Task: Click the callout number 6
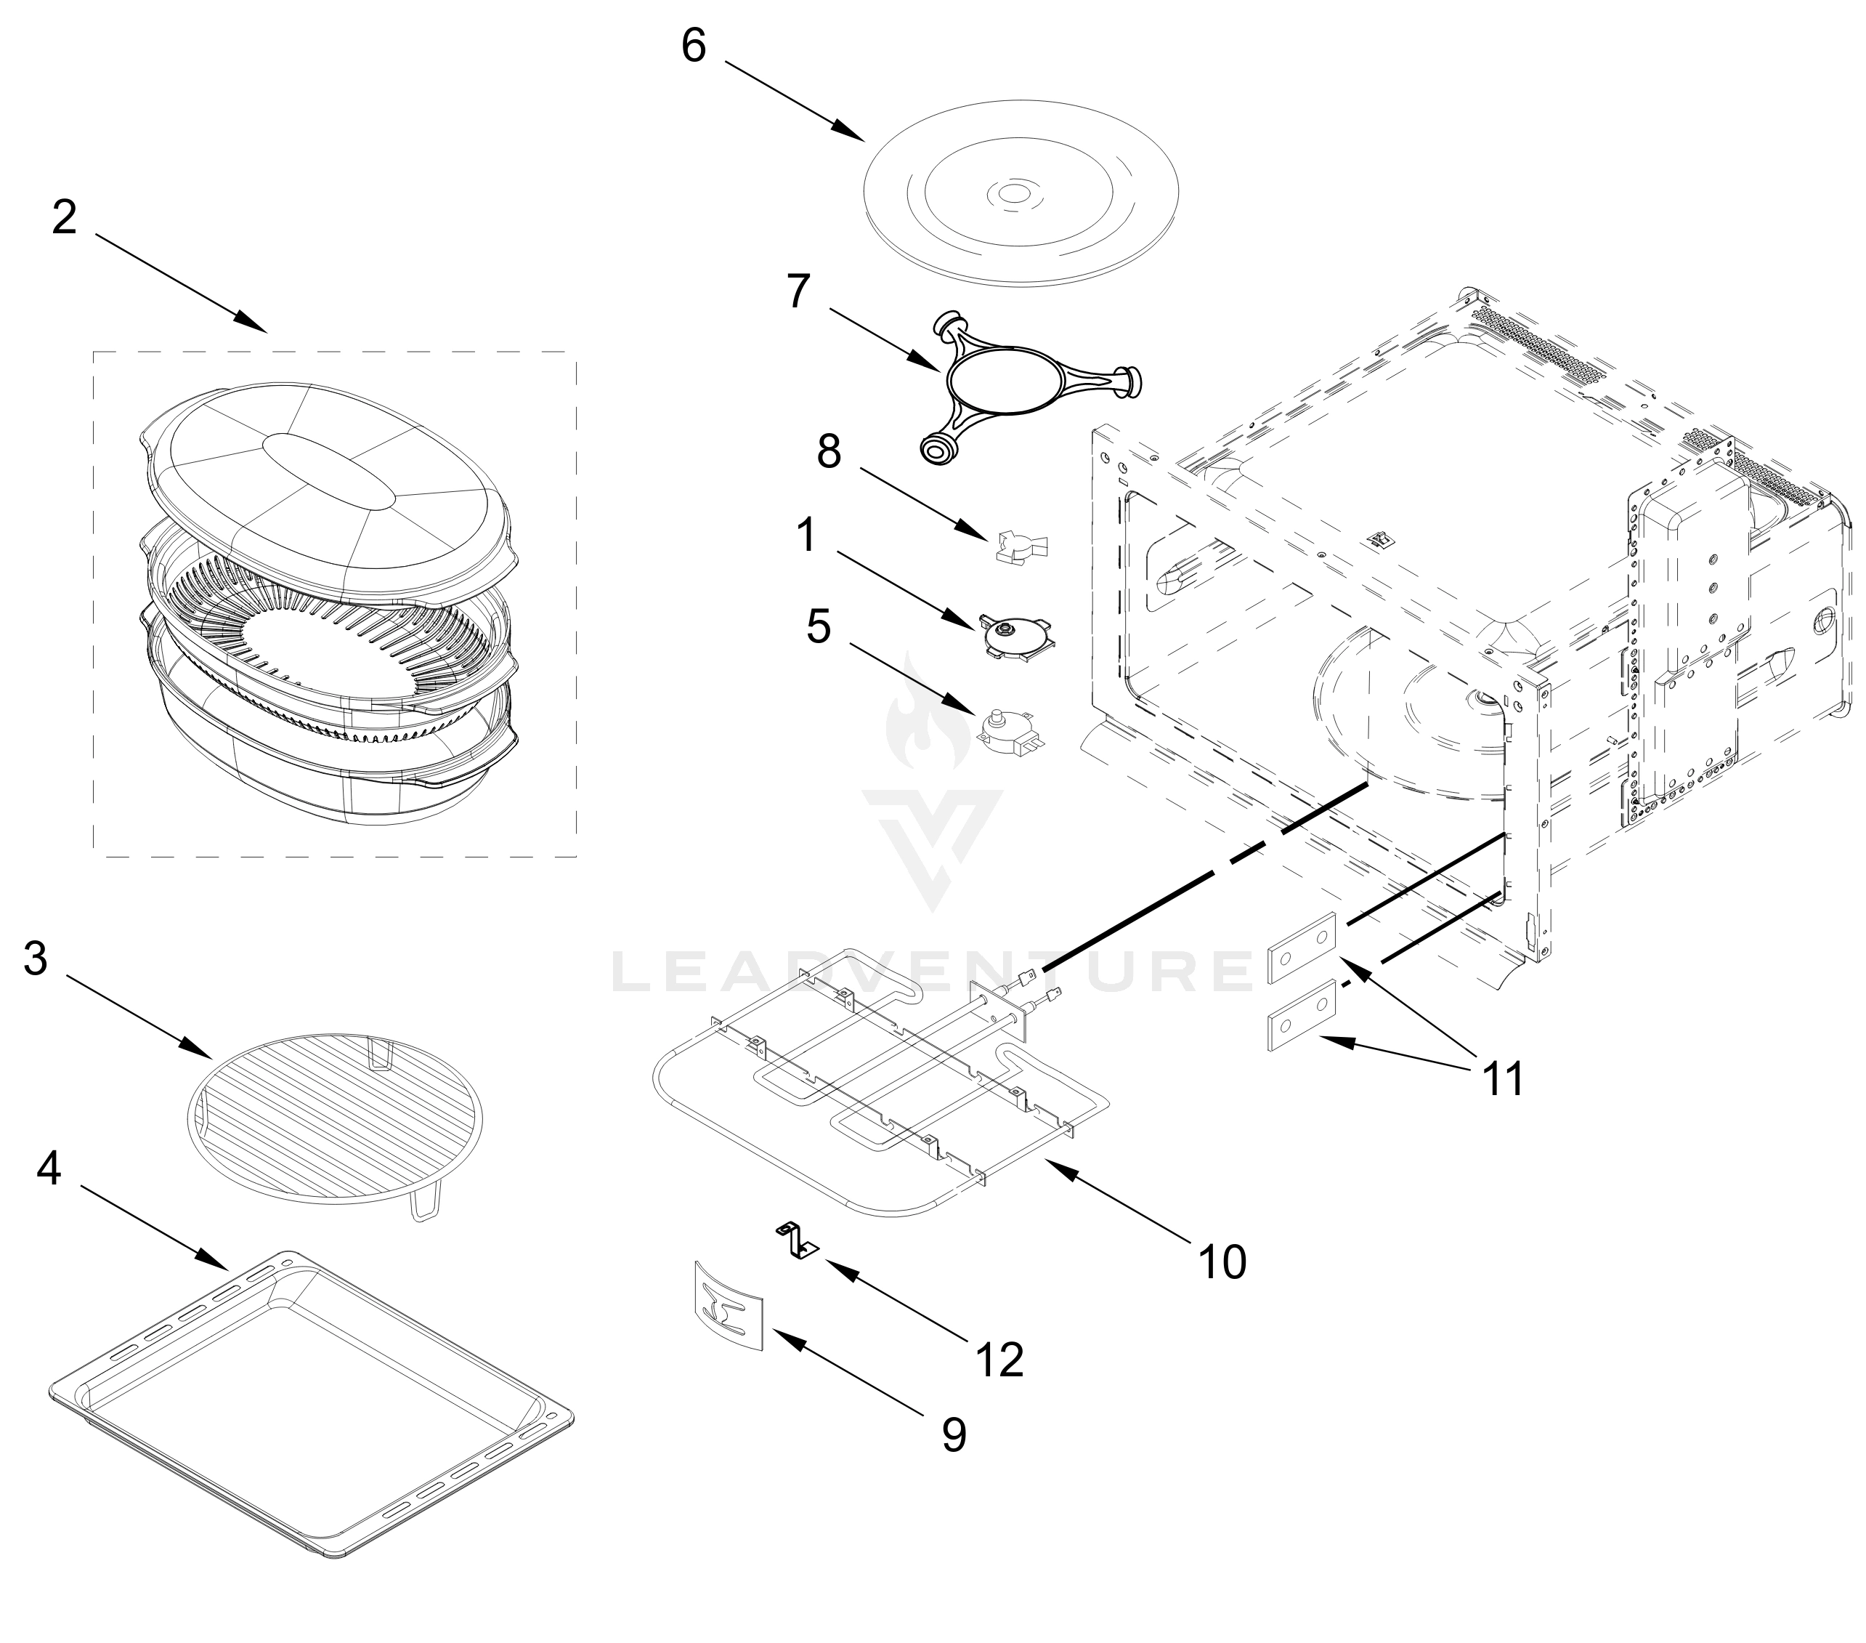coord(694,46)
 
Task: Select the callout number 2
coord(64,217)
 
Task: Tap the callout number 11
coord(1503,1080)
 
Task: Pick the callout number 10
coord(1222,1261)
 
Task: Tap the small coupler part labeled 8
coord(1021,545)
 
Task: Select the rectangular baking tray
coord(310,1406)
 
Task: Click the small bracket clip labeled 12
coord(797,1241)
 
